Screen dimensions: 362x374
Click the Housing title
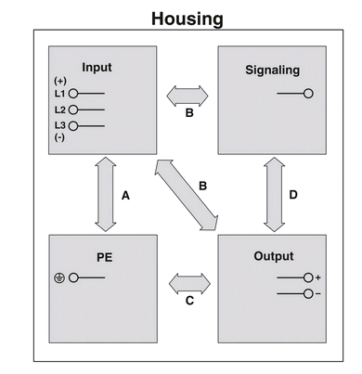(x=187, y=19)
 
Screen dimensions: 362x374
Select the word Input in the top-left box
(x=97, y=68)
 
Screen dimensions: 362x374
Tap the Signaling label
(x=273, y=71)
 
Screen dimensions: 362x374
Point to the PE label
(x=105, y=257)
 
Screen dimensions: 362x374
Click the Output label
(x=274, y=256)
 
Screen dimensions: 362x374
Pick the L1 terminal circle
(x=73, y=93)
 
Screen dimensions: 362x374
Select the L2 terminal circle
(x=73, y=110)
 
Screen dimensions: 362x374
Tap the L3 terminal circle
(x=73, y=126)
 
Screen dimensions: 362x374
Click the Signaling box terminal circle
(x=308, y=93)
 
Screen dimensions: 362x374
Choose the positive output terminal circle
(x=308, y=277)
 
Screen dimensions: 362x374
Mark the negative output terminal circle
(x=308, y=293)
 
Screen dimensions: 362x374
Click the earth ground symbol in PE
(x=59, y=278)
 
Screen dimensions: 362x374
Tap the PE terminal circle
(x=73, y=277)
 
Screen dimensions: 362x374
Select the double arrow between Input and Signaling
(x=187, y=96)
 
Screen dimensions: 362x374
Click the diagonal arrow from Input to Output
(x=187, y=195)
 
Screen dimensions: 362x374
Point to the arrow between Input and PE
(x=106, y=194)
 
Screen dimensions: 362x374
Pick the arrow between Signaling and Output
(x=275, y=194)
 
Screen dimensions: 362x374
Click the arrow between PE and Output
(x=189, y=284)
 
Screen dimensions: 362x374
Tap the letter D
(x=293, y=195)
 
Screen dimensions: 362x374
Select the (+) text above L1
(x=60, y=81)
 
